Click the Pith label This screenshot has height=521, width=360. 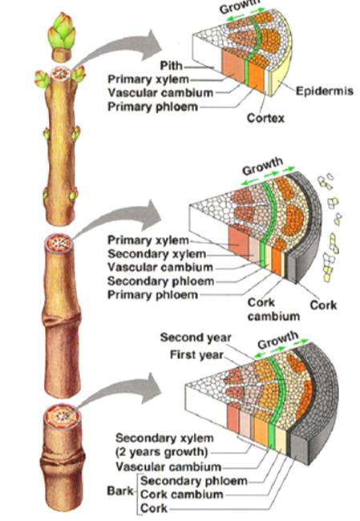(172, 66)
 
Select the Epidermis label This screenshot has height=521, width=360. (325, 91)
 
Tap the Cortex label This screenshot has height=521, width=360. (265, 118)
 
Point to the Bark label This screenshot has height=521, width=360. (120, 491)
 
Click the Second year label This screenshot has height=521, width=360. (196, 337)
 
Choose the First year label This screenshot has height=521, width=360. (196, 355)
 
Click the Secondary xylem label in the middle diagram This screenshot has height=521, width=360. (157, 254)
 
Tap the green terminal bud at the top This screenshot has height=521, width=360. (62, 31)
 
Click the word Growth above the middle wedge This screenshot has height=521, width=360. (263, 166)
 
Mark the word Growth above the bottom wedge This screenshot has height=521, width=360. (278, 340)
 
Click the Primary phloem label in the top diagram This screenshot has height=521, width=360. (153, 107)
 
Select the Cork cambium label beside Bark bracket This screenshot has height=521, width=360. (182, 495)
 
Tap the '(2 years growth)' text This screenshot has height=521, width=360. (161, 452)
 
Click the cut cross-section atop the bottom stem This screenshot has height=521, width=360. (63, 416)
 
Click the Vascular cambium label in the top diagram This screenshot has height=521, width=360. (160, 93)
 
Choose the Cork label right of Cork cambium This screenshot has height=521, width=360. (323, 305)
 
